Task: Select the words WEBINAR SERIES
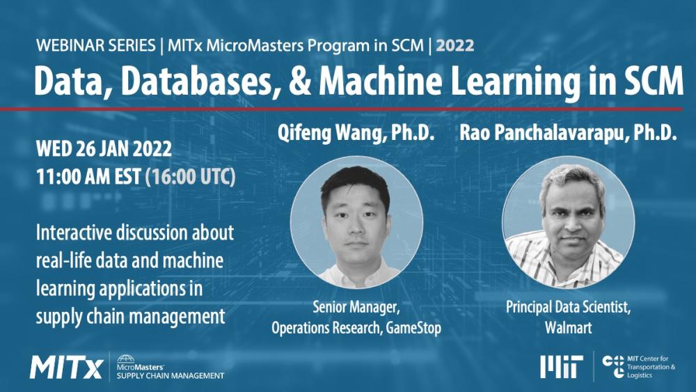tap(96, 46)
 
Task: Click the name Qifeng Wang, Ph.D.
tap(356, 134)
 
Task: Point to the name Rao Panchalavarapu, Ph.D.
tap(568, 134)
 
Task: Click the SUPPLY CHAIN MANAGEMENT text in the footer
tap(170, 376)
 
